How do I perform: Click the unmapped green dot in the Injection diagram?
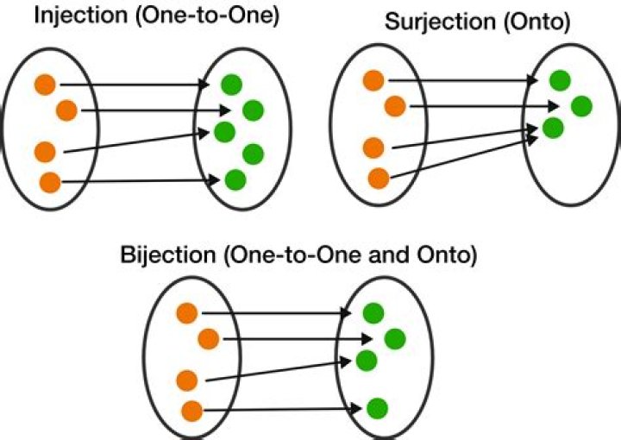coord(253,154)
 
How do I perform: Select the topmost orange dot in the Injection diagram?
coord(45,85)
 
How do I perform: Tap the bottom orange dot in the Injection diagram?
coord(50,182)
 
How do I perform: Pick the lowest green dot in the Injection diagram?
coord(235,180)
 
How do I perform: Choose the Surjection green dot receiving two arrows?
coord(553,129)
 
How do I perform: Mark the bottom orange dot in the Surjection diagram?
coord(378,179)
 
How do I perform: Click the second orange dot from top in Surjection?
coord(394,106)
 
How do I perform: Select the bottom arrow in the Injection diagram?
coord(138,181)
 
